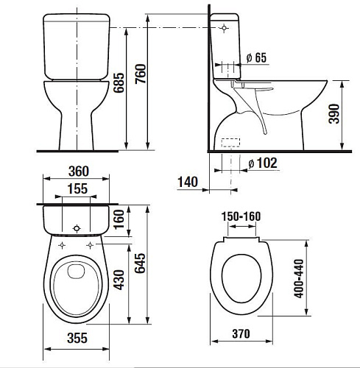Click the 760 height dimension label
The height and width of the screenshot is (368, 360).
click(141, 74)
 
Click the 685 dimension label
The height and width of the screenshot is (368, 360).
click(119, 82)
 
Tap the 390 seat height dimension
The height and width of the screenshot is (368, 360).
click(333, 113)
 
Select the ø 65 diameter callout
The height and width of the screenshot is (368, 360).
click(256, 58)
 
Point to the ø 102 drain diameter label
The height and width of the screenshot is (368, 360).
click(263, 163)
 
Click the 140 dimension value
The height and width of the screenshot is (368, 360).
click(188, 182)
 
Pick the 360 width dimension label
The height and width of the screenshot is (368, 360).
click(79, 171)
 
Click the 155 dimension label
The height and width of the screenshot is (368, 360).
click(77, 188)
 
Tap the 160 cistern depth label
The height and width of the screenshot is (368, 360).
click(119, 219)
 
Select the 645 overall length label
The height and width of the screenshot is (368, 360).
click(140, 263)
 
